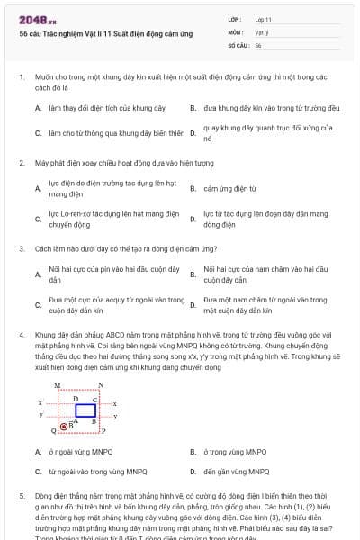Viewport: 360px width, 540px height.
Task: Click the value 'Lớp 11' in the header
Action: (x=264, y=18)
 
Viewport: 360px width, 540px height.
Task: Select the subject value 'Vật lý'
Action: (x=262, y=31)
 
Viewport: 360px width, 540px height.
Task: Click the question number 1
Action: (x=21, y=77)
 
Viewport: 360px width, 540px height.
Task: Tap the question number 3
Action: (x=21, y=247)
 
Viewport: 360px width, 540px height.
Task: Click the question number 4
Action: (x=21, y=333)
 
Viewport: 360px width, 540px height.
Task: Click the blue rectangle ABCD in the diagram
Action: (x=85, y=409)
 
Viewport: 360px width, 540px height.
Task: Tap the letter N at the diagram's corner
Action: (x=101, y=385)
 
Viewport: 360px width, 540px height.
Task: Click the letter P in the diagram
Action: (x=103, y=431)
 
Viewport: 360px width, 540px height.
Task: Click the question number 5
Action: (x=21, y=496)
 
